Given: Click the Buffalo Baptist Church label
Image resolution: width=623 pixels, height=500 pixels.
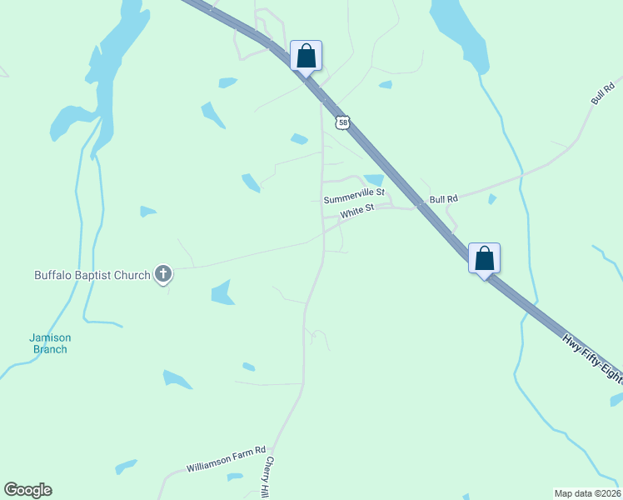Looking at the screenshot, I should coord(92,274).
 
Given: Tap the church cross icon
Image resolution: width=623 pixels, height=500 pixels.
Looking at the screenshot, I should coord(163,273).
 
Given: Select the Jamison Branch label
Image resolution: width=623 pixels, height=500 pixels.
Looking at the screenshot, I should coord(50,343).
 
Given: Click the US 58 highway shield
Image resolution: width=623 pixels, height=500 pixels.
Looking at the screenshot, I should coord(343,122).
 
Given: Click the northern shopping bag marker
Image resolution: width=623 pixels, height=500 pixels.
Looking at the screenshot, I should coord(306,57).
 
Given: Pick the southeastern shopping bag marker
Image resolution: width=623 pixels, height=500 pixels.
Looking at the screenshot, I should coord(484,258).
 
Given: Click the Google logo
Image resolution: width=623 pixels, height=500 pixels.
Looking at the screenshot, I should coord(27,490).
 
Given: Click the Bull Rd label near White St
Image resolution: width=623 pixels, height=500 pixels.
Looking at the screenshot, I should coord(444,200).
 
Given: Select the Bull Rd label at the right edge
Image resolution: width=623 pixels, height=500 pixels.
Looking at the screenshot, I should coord(601,94).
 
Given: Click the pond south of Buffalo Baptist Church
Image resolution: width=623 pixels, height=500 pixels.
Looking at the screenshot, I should coord(222,292).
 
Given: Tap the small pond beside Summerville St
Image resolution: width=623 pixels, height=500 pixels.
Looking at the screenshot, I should coord(374,179).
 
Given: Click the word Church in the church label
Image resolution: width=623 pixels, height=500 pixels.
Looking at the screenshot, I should coord(133,274).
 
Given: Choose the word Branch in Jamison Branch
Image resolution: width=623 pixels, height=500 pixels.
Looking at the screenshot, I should coord(50,349).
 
